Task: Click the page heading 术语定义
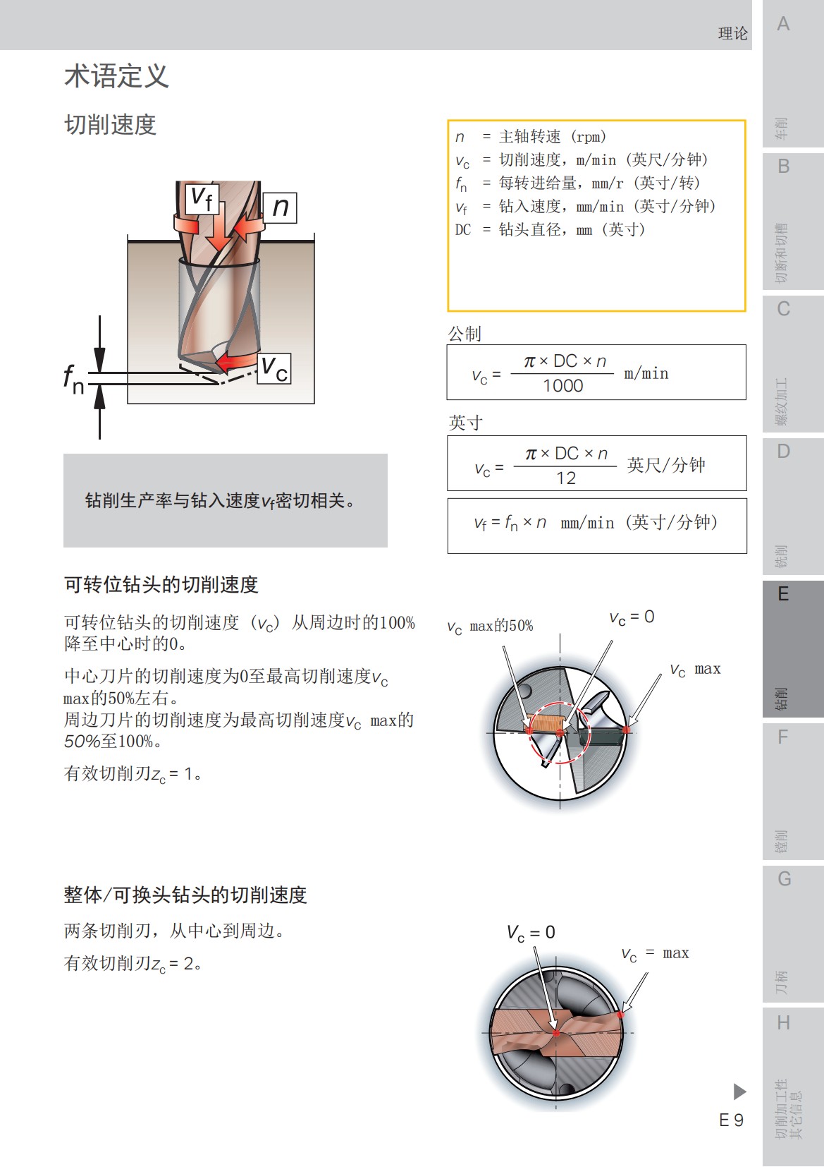coord(117,76)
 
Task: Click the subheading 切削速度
coord(110,125)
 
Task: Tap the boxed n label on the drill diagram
coord(280,207)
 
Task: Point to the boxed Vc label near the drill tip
coord(273,368)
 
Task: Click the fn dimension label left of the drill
coord(73,379)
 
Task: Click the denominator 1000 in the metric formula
coord(562,386)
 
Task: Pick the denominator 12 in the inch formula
coord(565,478)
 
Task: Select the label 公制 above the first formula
coord(465,334)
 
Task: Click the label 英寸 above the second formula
coord(465,423)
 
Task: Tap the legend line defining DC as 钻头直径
coord(550,229)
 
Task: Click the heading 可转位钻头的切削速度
coord(161,585)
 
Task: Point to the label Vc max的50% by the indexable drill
coord(491,626)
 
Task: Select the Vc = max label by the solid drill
coord(655,954)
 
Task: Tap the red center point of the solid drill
coord(555,1033)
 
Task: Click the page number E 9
coord(731,1120)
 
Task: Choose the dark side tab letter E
coord(783,594)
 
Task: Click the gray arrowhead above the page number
coord(739,1092)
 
